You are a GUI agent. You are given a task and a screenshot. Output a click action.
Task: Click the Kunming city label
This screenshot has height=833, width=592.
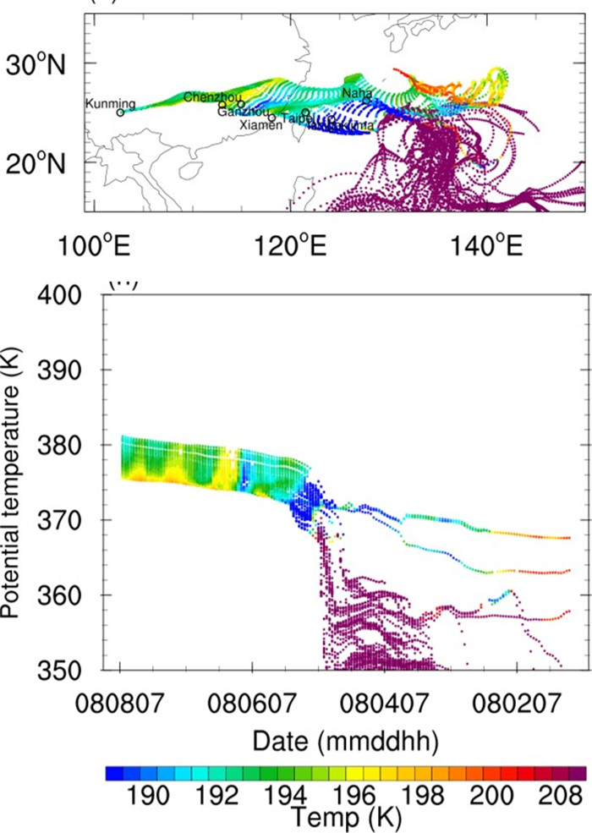point(111,103)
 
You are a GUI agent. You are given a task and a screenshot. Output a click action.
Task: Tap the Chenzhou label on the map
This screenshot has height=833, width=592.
point(205,96)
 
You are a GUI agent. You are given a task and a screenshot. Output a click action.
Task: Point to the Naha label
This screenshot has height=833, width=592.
point(357,92)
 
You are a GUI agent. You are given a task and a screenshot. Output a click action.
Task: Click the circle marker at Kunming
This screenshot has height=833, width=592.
point(120,112)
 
